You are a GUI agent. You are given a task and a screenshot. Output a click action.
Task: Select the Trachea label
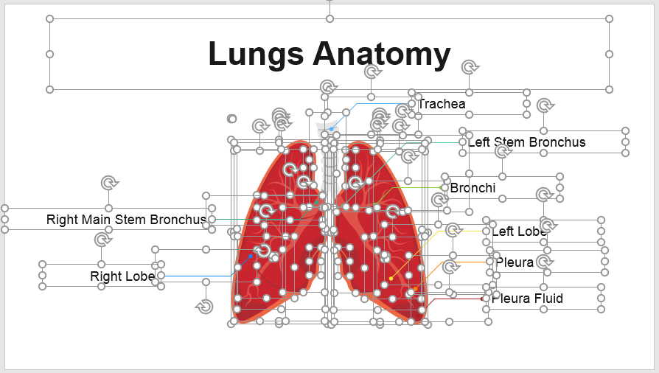pyautogui.click(x=442, y=104)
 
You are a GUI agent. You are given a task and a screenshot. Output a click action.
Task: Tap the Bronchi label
pyautogui.click(x=473, y=188)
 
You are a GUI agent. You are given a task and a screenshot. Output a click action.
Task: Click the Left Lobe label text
pyautogui.click(x=518, y=231)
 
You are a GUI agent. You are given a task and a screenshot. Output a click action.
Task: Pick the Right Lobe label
pyautogui.click(x=122, y=276)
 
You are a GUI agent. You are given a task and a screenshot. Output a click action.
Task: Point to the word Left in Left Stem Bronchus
pyautogui.click(x=479, y=142)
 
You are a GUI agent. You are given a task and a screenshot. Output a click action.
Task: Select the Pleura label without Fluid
pyautogui.click(x=515, y=262)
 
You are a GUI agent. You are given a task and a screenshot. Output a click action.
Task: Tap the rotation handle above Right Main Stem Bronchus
pyautogui.click(x=108, y=182)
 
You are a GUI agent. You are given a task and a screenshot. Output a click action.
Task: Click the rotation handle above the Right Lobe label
pyautogui.click(x=101, y=240)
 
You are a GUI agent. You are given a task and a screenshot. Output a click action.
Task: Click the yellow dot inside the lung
pyautogui.click(x=391, y=279)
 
